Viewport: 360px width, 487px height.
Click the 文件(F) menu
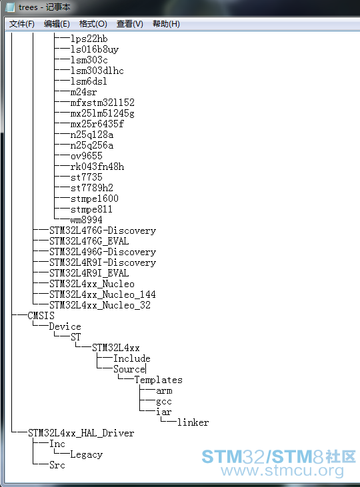pos(21,24)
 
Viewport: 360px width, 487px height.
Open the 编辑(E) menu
pos(57,24)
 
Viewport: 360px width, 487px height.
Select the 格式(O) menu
pos(93,24)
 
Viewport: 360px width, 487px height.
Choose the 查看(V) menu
pos(129,24)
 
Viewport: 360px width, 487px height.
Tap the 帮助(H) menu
pos(166,24)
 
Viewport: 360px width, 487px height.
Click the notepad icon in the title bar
pos(10,7)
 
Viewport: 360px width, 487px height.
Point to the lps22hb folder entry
pos(89,39)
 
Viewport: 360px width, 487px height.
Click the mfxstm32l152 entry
pos(102,103)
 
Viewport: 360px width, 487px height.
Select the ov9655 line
pos(87,156)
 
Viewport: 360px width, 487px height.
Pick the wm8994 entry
pos(87,220)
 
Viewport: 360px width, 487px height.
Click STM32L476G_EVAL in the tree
pos(89,241)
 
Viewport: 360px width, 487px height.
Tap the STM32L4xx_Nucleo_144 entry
pos(102,294)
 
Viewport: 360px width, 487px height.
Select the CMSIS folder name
pos(41,316)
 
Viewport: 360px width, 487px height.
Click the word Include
pos(132,358)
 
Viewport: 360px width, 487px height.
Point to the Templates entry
pos(158,380)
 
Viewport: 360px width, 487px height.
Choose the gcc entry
pos(164,402)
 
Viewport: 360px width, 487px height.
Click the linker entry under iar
pos(193,422)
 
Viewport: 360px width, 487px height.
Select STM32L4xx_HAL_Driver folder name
pos(81,433)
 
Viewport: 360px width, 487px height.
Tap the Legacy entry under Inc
pos(87,454)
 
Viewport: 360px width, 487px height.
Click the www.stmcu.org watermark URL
pos(282,470)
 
